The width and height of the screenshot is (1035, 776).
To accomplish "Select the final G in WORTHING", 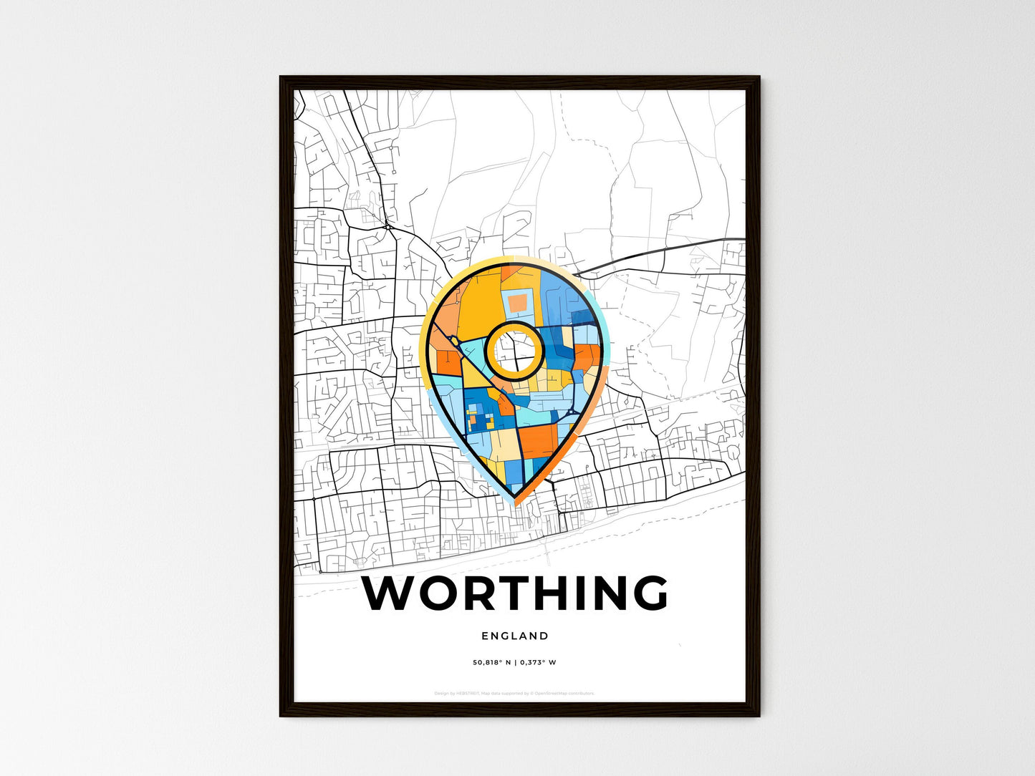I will pyautogui.click(x=649, y=593).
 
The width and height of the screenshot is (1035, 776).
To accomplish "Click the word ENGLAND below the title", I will pyautogui.click(x=515, y=636).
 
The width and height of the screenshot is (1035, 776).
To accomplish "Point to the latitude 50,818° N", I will pyautogui.click(x=491, y=662).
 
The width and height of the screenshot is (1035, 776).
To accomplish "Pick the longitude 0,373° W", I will pyautogui.click(x=539, y=662).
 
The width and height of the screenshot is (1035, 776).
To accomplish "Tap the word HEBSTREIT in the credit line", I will pyautogui.click(x=468, y=693).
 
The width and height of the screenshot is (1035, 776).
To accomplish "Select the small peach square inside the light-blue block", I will pyautogui.click(x=518, y=303).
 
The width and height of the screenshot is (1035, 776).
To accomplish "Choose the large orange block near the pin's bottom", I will pyautogui.click(x=538, y=440).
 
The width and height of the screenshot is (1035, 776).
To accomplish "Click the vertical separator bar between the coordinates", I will pyautogui.click(x=515, y=662).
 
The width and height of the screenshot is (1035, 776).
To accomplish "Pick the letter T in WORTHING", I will pyautogui.click(x=522, y=593).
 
